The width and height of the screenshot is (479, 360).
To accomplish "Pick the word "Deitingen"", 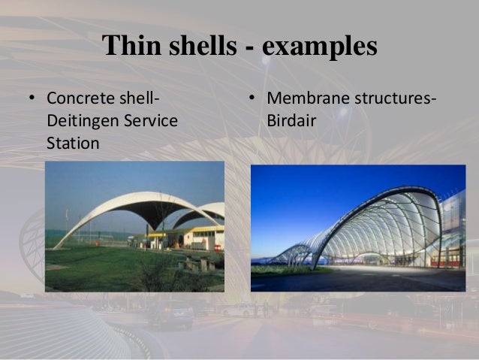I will [x=80, y=120].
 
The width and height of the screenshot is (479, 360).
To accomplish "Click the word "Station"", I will [x=73, y=141].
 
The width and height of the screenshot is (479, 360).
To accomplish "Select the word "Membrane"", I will [x=305, y=99].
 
